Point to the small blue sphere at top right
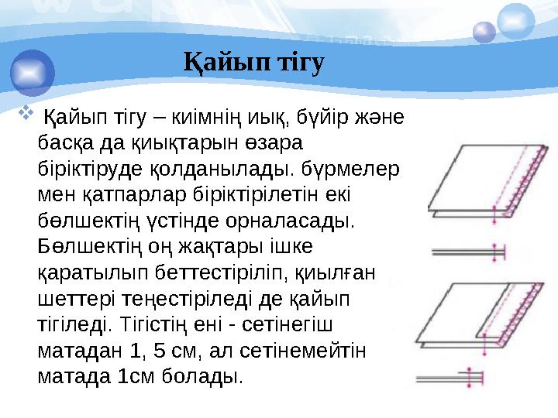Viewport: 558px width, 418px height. (x=484, y=31)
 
